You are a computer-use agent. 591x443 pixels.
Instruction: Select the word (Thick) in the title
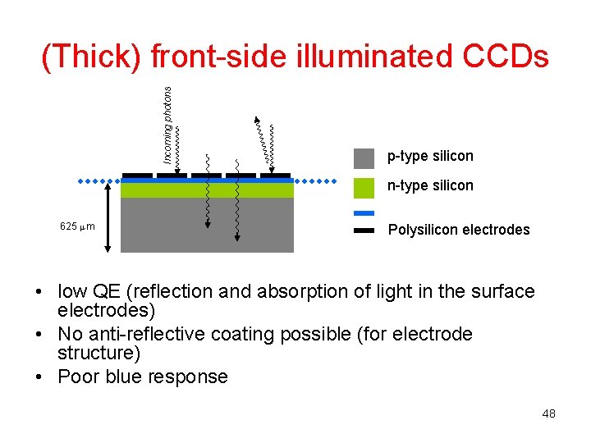point(90,57)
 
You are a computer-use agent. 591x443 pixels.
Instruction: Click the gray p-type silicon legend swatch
point(364,157)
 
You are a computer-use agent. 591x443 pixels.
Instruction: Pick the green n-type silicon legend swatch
point(364,187)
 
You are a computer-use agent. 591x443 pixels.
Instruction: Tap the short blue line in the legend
point(364,214)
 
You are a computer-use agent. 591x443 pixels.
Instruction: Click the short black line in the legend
point(364,231)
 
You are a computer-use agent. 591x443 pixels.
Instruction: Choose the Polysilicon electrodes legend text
point(459,230)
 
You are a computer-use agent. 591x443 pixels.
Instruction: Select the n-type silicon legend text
point(430,185)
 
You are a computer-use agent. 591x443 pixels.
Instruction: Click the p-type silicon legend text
point(430,156)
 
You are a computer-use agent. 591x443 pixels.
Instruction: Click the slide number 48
point(548,413)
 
